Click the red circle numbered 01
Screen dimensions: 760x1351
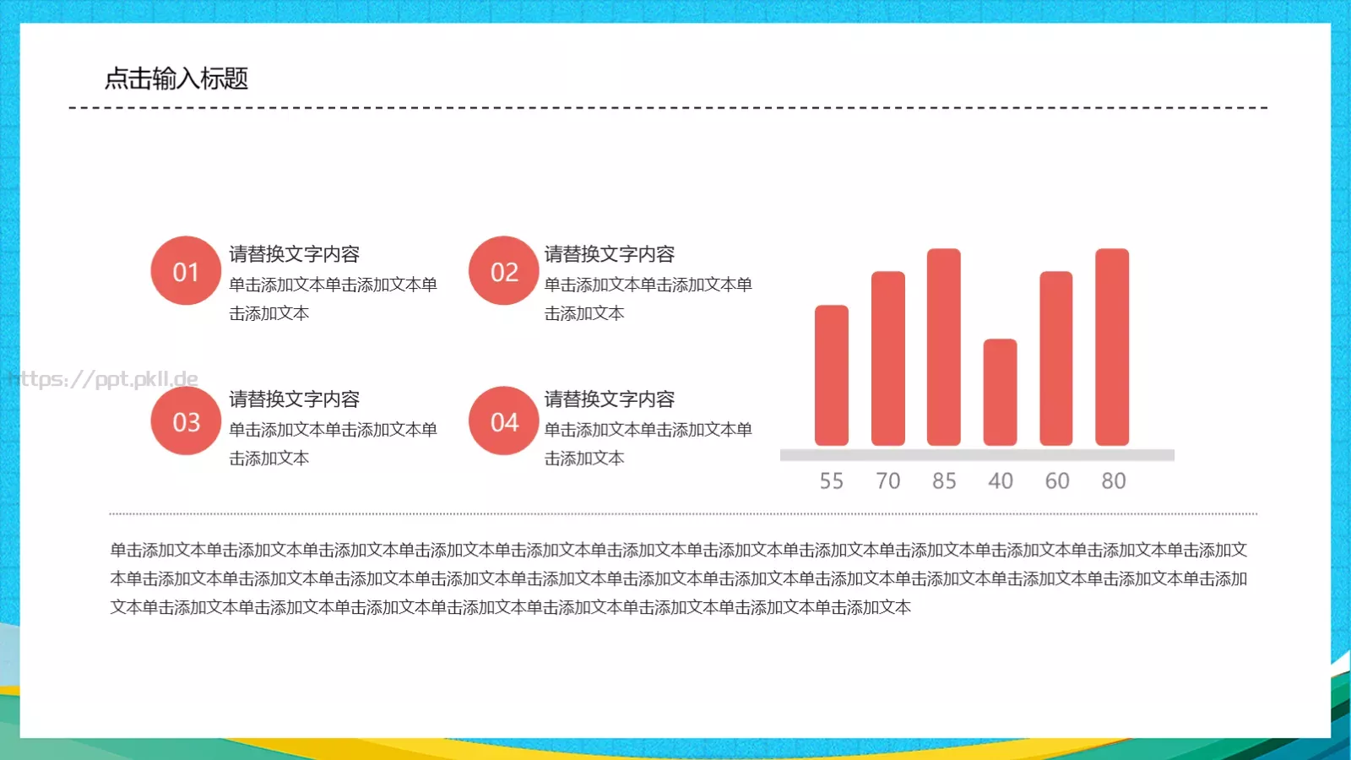click(186, 271)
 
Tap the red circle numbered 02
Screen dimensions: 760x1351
click(503, 271)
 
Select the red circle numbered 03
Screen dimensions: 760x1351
click(186, 421)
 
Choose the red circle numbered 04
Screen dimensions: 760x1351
click(503, 421)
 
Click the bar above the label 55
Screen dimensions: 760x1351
click(832, 376)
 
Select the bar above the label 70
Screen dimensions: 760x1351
click(887, 359)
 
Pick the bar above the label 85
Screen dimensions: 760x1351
click(944, 347)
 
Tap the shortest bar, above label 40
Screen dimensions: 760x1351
click(1001, 393)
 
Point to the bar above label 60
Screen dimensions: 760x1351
click(1056, 359)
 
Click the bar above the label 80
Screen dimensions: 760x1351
click(1112, 347)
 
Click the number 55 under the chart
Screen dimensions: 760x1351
click(832, 481)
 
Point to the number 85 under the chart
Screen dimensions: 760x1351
click(944, 481)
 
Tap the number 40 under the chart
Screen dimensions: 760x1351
click(1001, 481)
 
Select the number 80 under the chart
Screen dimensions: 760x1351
click(1113, 481)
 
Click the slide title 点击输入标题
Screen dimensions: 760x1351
click(176, 79)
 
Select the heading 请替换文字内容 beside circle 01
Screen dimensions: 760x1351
click(294, 254)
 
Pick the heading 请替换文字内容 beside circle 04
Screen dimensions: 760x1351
click(609, 399)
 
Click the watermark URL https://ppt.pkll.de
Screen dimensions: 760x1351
click(103, 379)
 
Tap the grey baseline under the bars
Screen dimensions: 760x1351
click(977, 455)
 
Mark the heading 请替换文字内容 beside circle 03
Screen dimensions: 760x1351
click(294, 399)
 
